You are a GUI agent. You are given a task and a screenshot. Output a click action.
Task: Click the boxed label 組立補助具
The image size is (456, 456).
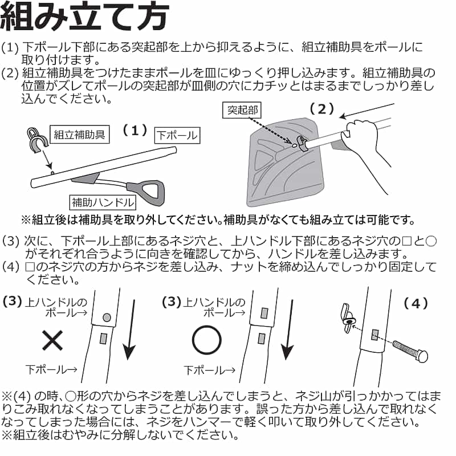(x=79, y=135)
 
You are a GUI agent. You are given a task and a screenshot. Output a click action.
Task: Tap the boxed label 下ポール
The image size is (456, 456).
(x=177, y=135)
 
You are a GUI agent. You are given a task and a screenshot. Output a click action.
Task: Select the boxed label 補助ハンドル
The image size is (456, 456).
(x=103, y=202)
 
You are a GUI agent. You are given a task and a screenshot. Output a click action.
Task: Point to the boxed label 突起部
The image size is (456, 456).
(x=242, y=110)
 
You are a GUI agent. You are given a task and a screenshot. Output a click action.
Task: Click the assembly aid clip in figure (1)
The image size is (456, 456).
(x=37, y=140)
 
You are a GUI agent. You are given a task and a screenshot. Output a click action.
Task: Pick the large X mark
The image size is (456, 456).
(x=52, y=340)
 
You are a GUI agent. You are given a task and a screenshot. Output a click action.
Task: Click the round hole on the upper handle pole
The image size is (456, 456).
(x=107, y=317)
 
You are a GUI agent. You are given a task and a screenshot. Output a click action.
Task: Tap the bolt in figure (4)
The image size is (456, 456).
(x=410, y=351)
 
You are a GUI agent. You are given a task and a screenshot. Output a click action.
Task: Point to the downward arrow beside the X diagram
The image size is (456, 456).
(x=130, y=330)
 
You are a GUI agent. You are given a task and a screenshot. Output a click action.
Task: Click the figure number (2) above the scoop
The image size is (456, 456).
(x=321, y=109)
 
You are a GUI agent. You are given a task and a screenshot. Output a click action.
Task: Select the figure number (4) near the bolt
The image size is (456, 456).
(x=416, y=303)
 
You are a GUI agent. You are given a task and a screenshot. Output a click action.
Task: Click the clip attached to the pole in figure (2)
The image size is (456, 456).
(x=302, y=142)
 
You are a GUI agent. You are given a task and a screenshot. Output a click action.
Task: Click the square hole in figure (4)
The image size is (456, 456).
(x=375, y=335)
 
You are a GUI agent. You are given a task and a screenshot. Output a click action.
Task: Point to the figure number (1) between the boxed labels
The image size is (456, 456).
(x=135, y=131)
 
